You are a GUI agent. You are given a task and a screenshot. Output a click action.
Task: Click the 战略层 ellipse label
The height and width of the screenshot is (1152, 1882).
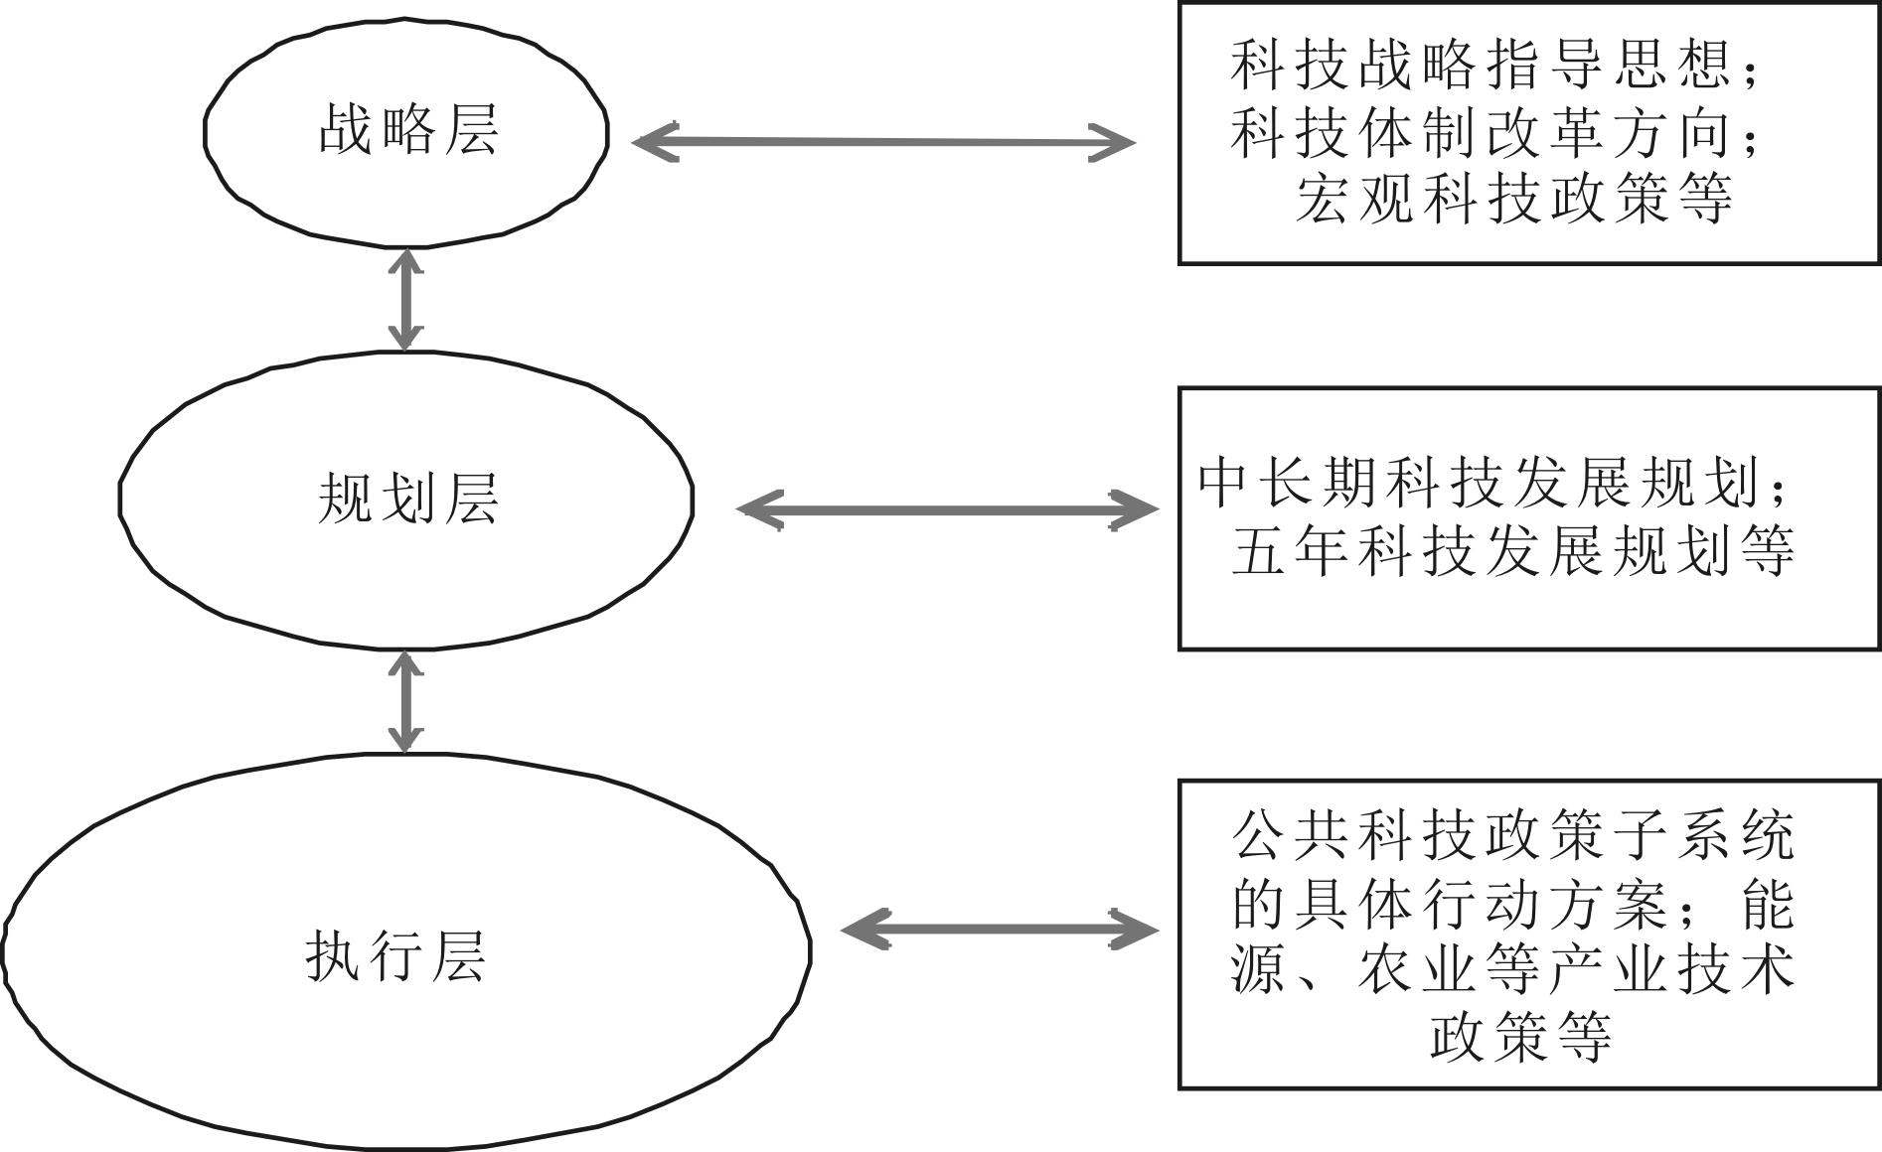tap(407, 130)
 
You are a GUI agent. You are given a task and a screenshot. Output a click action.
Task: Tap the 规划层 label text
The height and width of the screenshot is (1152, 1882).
tap(407, 498)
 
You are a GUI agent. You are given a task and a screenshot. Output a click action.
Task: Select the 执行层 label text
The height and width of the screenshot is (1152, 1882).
tap(395, 956)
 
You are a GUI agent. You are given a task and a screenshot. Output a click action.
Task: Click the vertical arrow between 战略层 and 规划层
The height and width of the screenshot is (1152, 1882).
tap(404, 299)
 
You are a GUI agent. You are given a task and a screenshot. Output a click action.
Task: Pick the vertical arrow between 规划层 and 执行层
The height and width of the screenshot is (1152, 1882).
tap(404, 701)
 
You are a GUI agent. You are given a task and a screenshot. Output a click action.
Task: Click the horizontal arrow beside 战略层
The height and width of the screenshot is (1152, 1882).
tap(882, 142)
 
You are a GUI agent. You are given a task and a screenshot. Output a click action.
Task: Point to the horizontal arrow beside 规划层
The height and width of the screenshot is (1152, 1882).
tap(946, 510)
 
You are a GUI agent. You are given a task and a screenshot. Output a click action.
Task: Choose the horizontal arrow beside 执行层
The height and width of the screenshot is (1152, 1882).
tap(999, 930)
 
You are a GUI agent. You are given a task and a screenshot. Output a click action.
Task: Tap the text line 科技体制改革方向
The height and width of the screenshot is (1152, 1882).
tap(1481, 133)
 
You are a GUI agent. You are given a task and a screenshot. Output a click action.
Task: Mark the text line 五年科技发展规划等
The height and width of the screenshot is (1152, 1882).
tap(1512, 550)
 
